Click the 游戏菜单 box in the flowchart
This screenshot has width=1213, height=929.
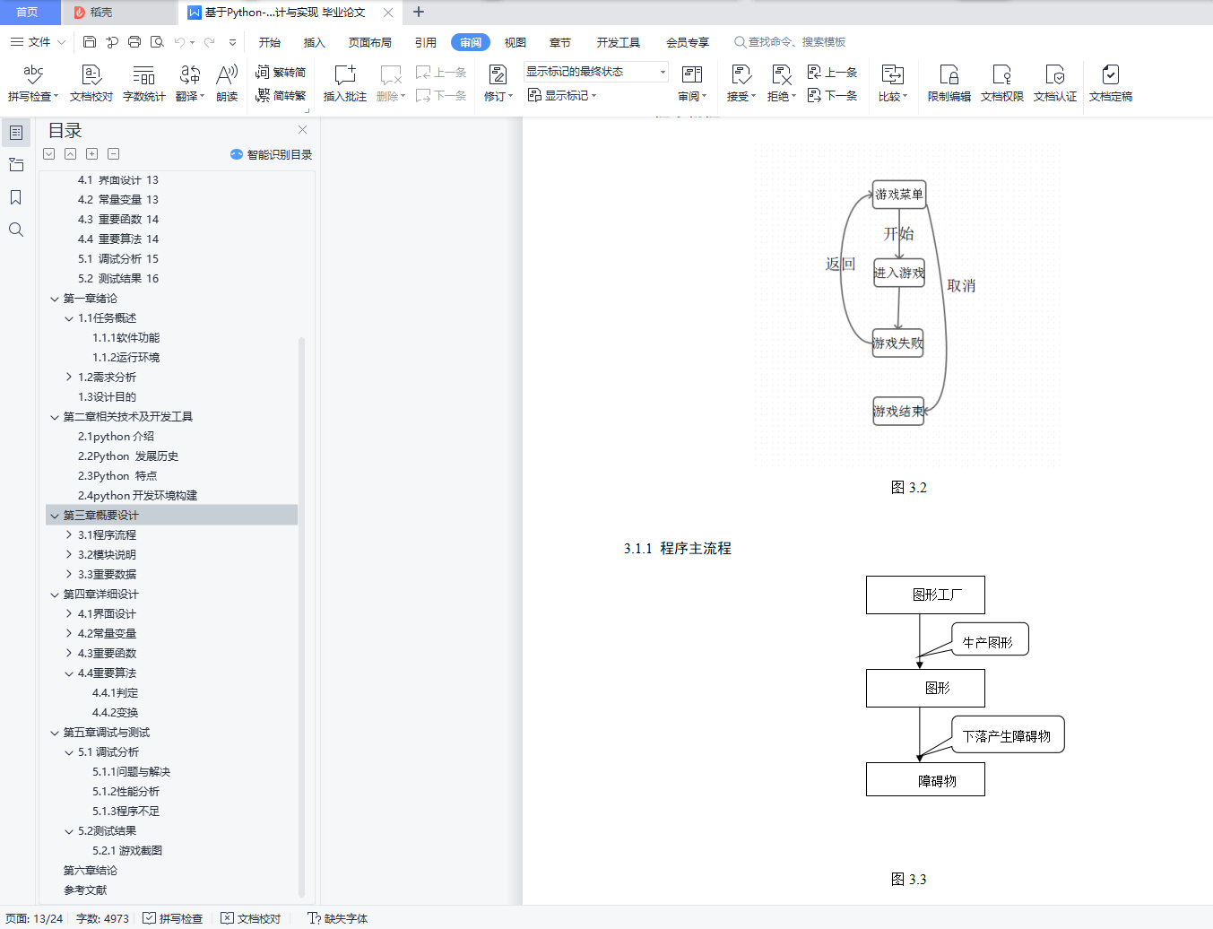click(898, 195)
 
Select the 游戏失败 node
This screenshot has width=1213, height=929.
click(897, 343)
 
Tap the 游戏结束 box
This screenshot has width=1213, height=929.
click(898, 411)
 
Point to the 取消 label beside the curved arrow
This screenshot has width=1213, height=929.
click(961, 286)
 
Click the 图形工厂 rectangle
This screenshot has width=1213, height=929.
click(925, 595)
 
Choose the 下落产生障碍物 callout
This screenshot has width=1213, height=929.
click(1008, 735)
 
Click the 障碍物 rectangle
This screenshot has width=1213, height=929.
click(925, 779)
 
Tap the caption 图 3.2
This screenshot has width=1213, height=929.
click(909, 488)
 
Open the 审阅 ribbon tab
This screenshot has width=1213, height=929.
click(470, 42)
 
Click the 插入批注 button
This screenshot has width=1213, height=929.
click(345, 83)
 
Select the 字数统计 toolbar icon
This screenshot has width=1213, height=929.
click(144, 83)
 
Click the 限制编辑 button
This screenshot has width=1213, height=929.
click(949, 83)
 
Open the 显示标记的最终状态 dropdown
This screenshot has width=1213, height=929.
click(595, 72)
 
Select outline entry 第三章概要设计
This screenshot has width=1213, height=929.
click(101, 515)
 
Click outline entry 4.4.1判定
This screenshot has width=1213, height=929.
click(115, 692)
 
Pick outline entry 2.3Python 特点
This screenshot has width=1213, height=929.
click(117, 475)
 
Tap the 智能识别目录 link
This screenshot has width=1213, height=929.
click(272, 154)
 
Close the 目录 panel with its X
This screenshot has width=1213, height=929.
click(302, 129)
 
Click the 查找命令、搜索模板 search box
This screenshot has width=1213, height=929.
click(790, 42)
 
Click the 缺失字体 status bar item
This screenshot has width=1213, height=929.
click(338, 918)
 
